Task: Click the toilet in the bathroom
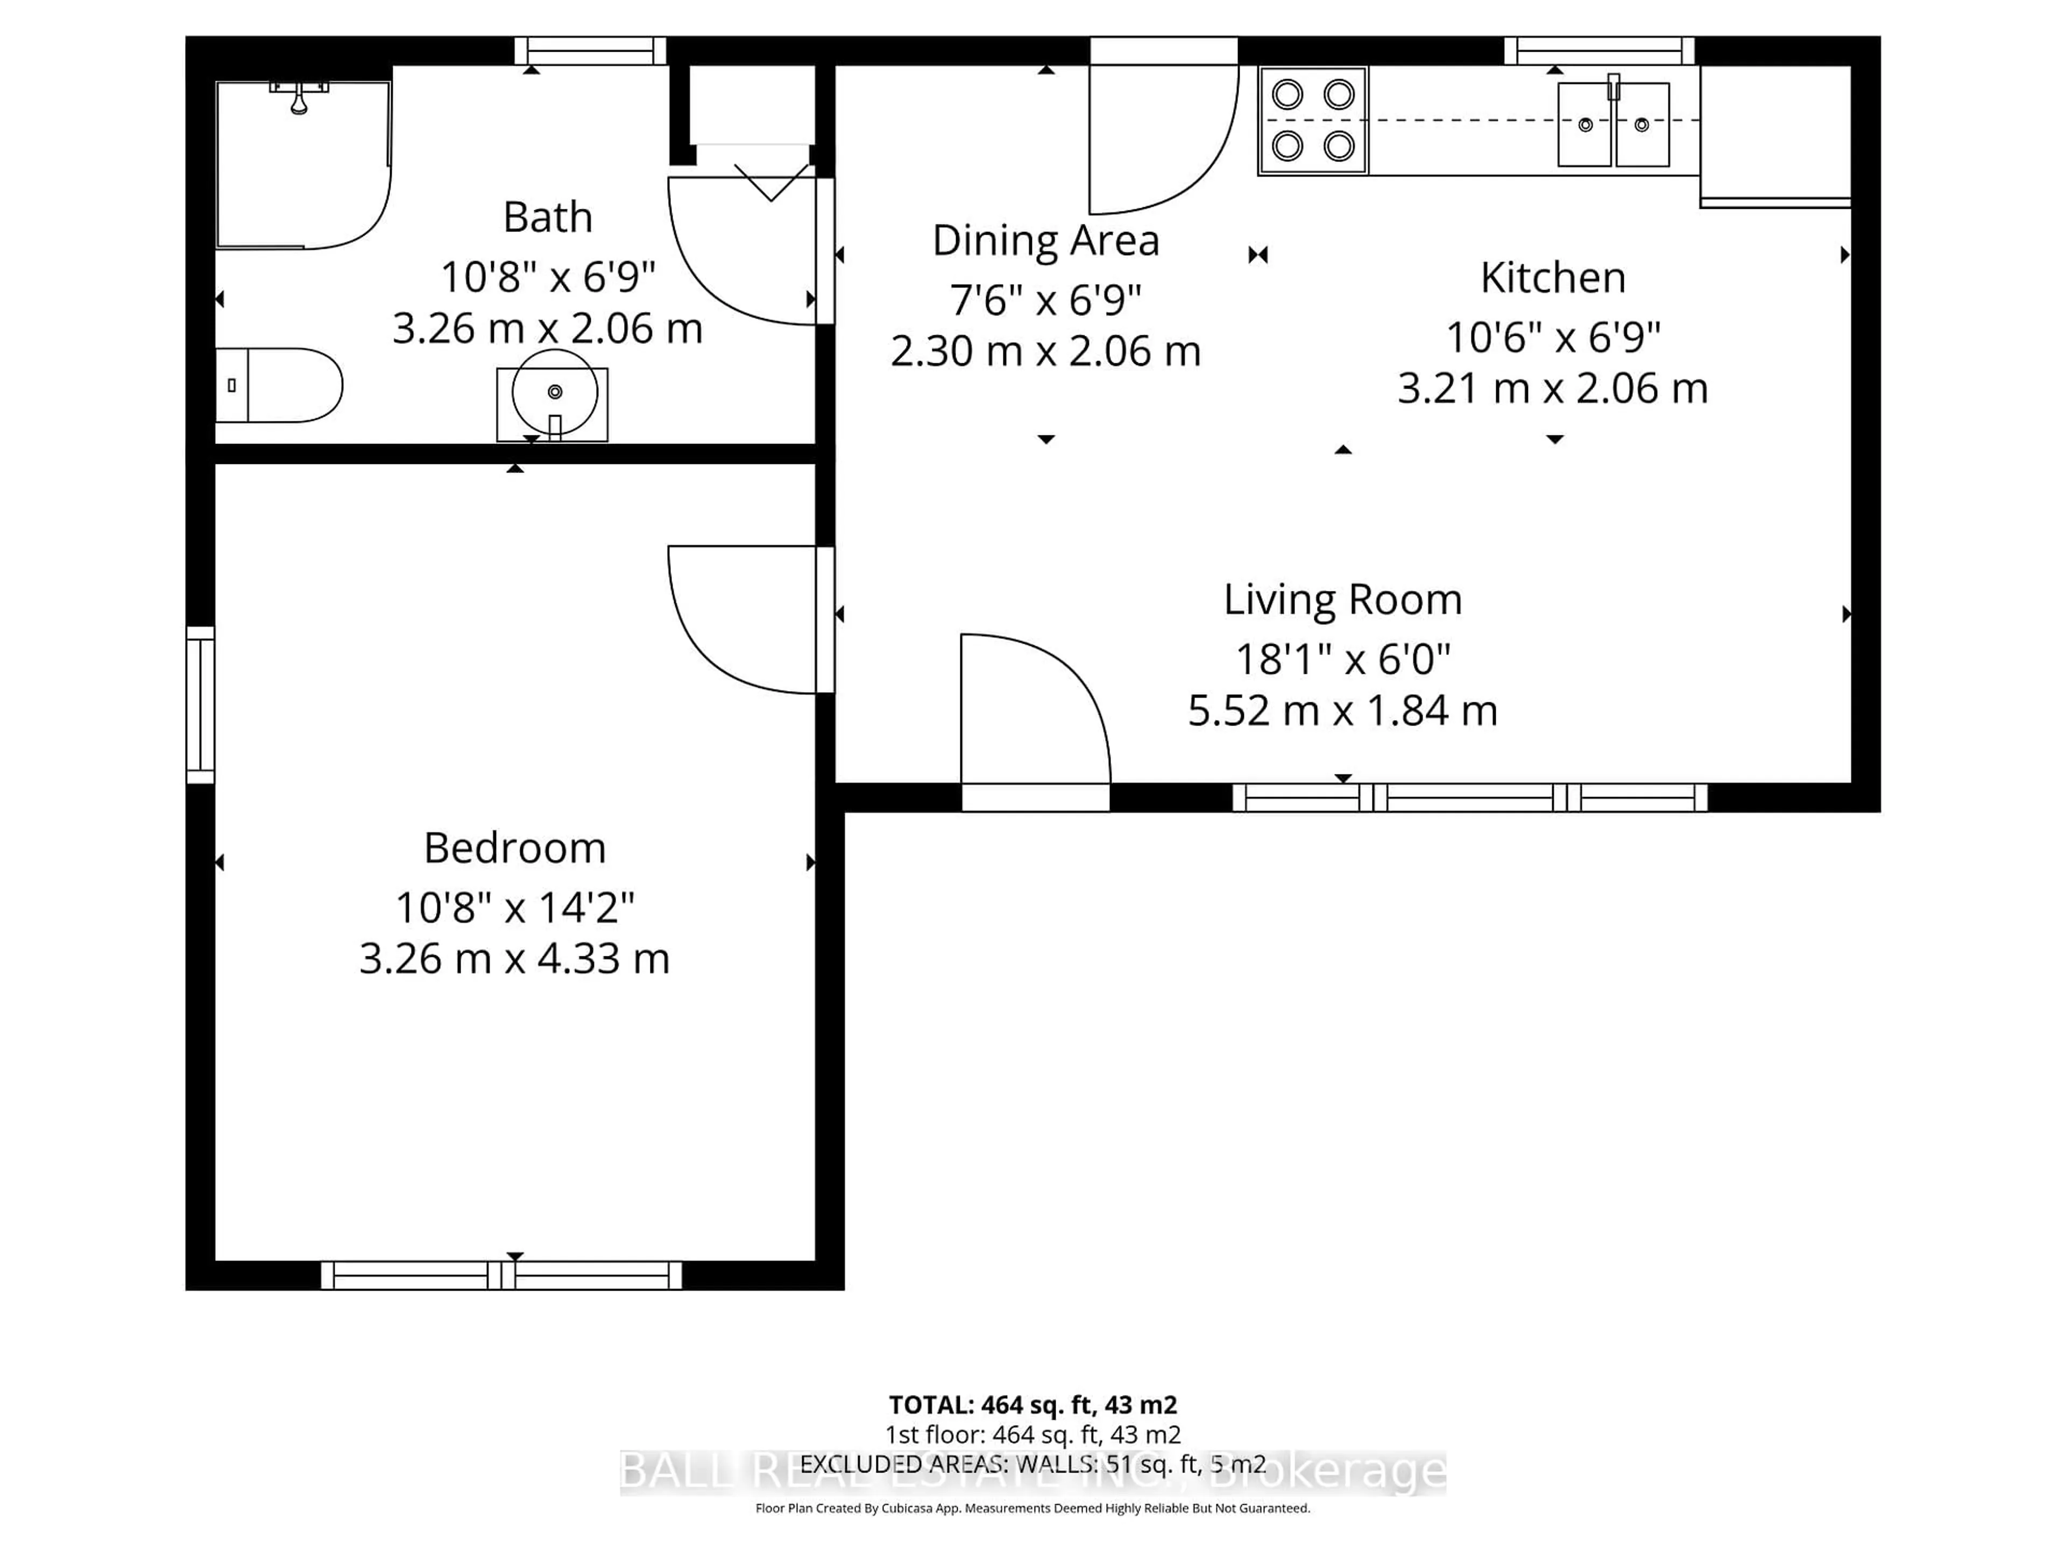tap(280, 385)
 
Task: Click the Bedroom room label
tap(515, 848)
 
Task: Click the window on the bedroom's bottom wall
tap(501, 1276)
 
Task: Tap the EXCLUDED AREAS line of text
tap(1032, 1464)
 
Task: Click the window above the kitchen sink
tap(1599, 51)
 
